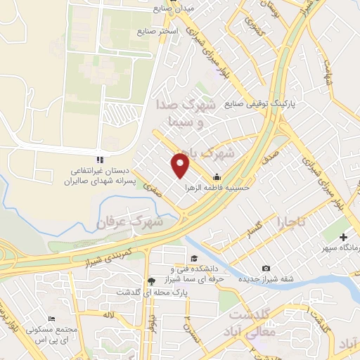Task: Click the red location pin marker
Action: [x=181, y=165]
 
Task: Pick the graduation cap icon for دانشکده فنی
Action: [x=194, y=257]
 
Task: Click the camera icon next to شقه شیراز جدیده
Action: [x=266, y=268]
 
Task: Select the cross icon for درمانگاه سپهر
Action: [x=343, y=238]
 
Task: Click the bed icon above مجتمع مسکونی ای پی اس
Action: [x=51, y=319]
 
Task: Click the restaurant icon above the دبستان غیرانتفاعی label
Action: [x=99, y=159]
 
